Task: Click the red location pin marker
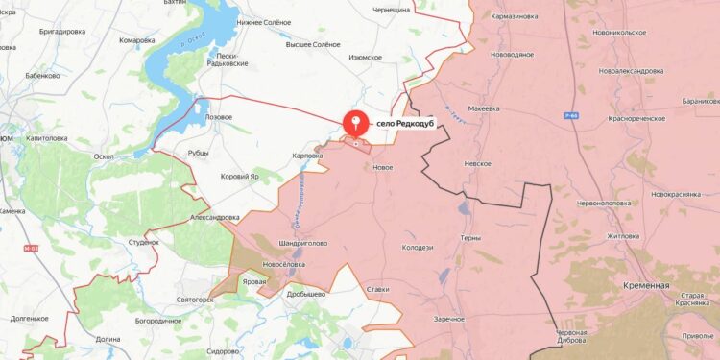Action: pos(356,122)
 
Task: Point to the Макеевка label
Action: pos(483,108)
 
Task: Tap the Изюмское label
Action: pos(365,57)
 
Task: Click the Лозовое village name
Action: pos(213,116)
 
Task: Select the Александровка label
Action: pos(215,218)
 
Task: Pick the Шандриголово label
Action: pos(303,243)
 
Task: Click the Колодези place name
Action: pos(418,248)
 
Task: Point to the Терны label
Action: pos(470,238)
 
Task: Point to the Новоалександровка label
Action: pos(631,71)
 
